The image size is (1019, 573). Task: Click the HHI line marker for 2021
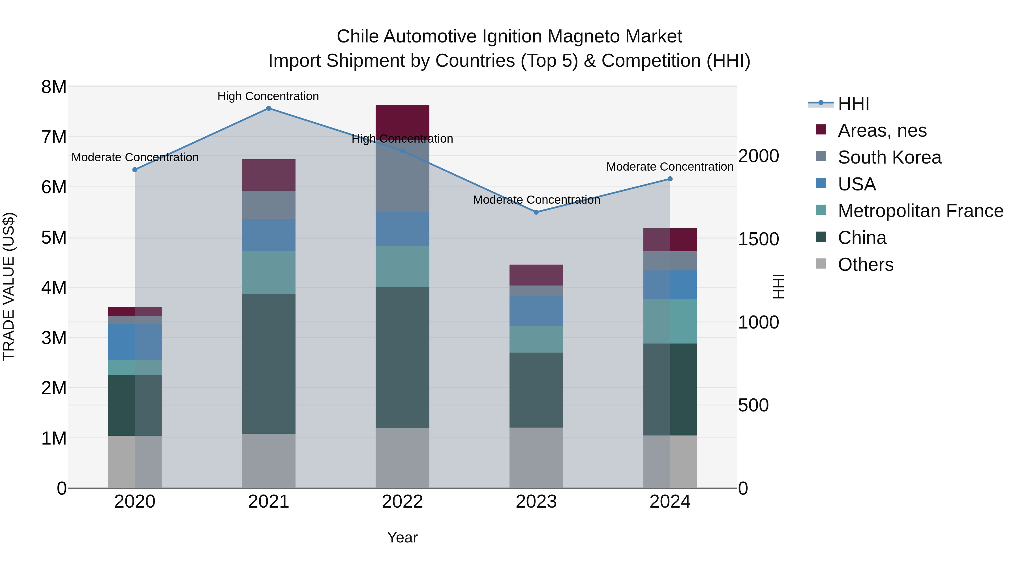(268, 108)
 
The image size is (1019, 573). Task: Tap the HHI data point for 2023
(536, 212)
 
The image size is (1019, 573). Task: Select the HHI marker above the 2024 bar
(670, 179)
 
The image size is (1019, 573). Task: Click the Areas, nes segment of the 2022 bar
(402, 121)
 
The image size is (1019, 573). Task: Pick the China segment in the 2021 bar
(268, 364)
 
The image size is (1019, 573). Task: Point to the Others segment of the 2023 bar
(536, 458)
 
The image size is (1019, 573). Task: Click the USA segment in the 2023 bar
(536, 311)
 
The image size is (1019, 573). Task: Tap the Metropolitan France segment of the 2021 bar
(268, 272)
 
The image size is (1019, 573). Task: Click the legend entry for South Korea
(889, 157)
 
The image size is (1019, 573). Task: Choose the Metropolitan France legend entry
(920, 211)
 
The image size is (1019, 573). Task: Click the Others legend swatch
(821, 264)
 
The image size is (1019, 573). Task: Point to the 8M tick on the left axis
(54, 87)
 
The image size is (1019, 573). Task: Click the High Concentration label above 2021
(268, 96)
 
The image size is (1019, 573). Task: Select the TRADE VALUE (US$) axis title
(9, 286)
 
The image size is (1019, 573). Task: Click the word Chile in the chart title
(358, 37)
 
